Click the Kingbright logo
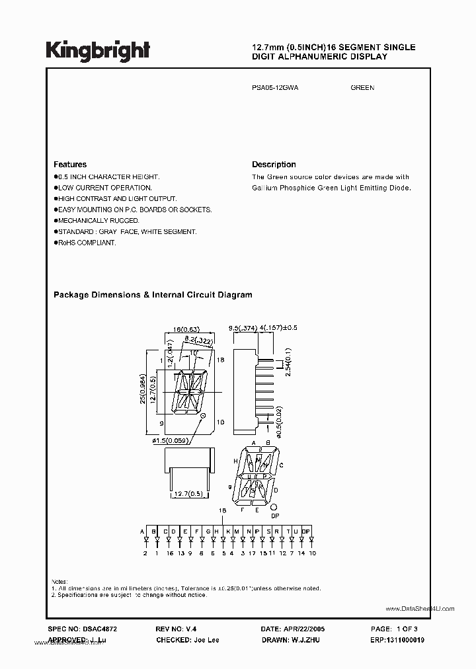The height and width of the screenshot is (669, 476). (x=98, y=50)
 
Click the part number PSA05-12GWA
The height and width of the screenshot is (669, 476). (x=275, y=87)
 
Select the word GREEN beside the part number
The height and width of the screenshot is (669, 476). (x=362, y=87)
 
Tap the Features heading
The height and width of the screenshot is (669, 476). (x=70, y=165)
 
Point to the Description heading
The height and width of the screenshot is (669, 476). (x=274, y=165)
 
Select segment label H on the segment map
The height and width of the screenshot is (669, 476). (x=235, y=460)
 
